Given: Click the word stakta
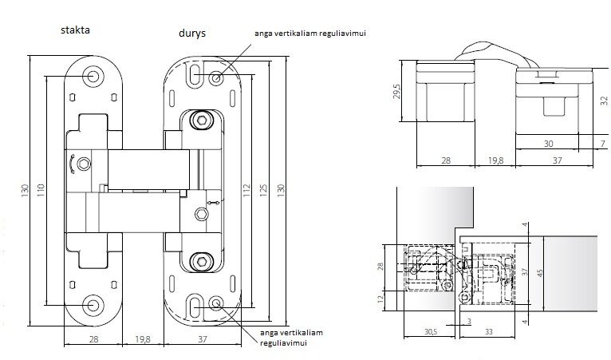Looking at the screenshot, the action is [75, 30].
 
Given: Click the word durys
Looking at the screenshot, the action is [192, 34].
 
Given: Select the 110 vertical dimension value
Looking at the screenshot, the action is [41, 190].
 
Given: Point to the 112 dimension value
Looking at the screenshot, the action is [246, 190].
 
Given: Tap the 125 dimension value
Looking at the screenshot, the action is [263, 190].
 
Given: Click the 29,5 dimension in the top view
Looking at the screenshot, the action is [397, 91].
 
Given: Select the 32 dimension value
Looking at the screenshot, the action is [604, 101].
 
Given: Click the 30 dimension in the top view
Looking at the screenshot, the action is [548, 144].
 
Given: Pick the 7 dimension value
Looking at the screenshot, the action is [603, 144].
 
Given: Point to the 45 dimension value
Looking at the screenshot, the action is [540, 273].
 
